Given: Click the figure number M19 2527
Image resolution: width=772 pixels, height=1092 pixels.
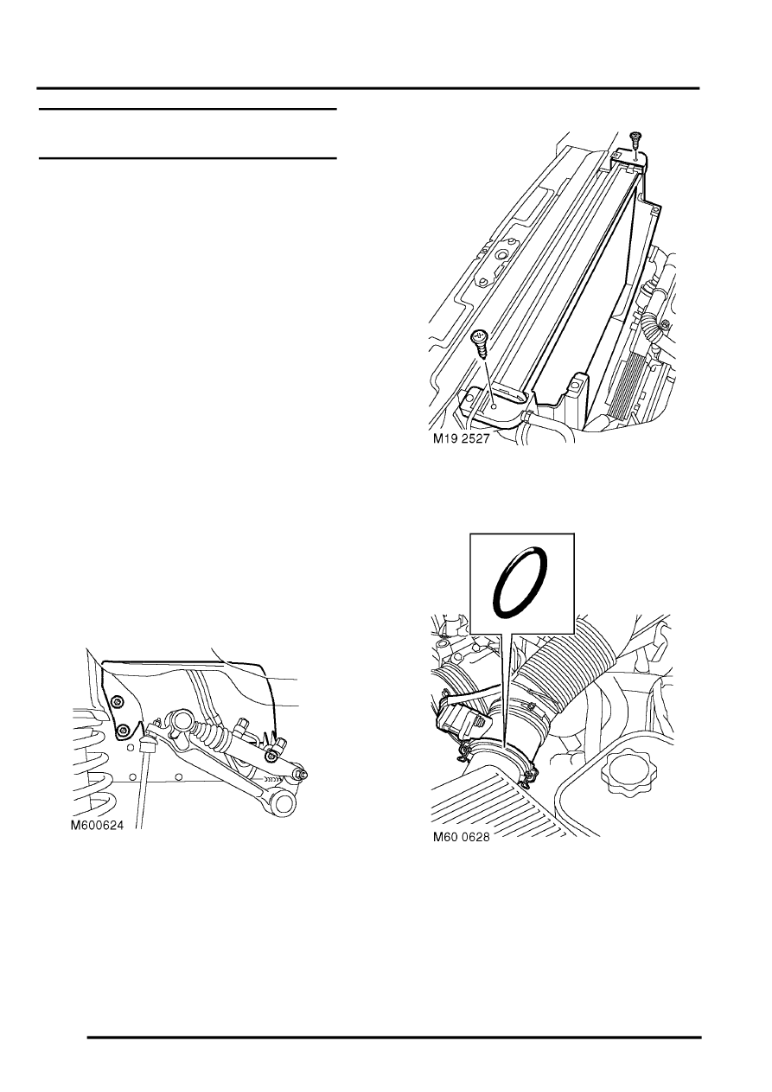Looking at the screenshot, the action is tap(461, 438).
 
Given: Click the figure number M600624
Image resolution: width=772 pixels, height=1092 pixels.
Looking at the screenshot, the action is tap(98, 825).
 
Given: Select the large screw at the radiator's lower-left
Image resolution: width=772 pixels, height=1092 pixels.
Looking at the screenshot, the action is tap(480, 344).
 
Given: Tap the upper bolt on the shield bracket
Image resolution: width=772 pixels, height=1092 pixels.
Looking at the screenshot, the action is tap(117, 701).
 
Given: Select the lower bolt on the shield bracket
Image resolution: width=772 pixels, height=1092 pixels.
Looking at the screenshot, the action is tap(123, 730).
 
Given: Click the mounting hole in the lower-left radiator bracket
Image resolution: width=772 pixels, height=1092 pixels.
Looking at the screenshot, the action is tap(494, 406).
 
